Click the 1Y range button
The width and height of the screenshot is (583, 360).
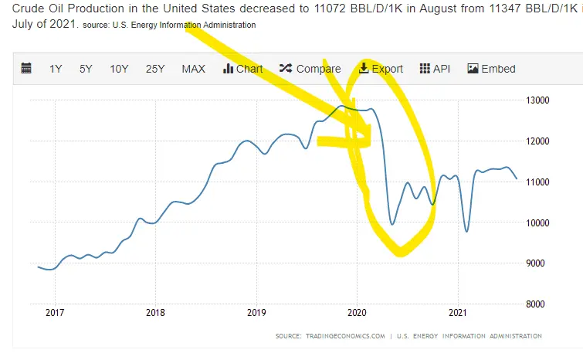pos(56,69)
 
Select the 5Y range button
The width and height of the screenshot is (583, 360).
pos(86,69)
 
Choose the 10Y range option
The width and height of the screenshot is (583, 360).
pos(119,69)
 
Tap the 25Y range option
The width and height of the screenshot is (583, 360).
pos(155,69)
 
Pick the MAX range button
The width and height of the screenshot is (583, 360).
pos(193,69)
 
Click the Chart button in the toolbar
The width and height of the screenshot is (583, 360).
pos(242,69)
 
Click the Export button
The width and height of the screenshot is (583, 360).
pos(381,69)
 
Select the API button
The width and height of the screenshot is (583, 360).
pos(435,69)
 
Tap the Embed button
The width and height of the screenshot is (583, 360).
pos(491,69)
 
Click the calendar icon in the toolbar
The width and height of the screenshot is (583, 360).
pos(26,69)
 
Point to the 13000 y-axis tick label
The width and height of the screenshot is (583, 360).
pos(537,100)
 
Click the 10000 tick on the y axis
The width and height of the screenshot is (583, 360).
pos(537,222)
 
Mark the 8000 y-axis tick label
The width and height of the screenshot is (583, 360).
pos(537,304)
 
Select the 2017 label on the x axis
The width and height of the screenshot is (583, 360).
pos(54,313)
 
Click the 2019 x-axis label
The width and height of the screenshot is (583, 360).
pos(256,313)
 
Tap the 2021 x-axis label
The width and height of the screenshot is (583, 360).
pos(459,313)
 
